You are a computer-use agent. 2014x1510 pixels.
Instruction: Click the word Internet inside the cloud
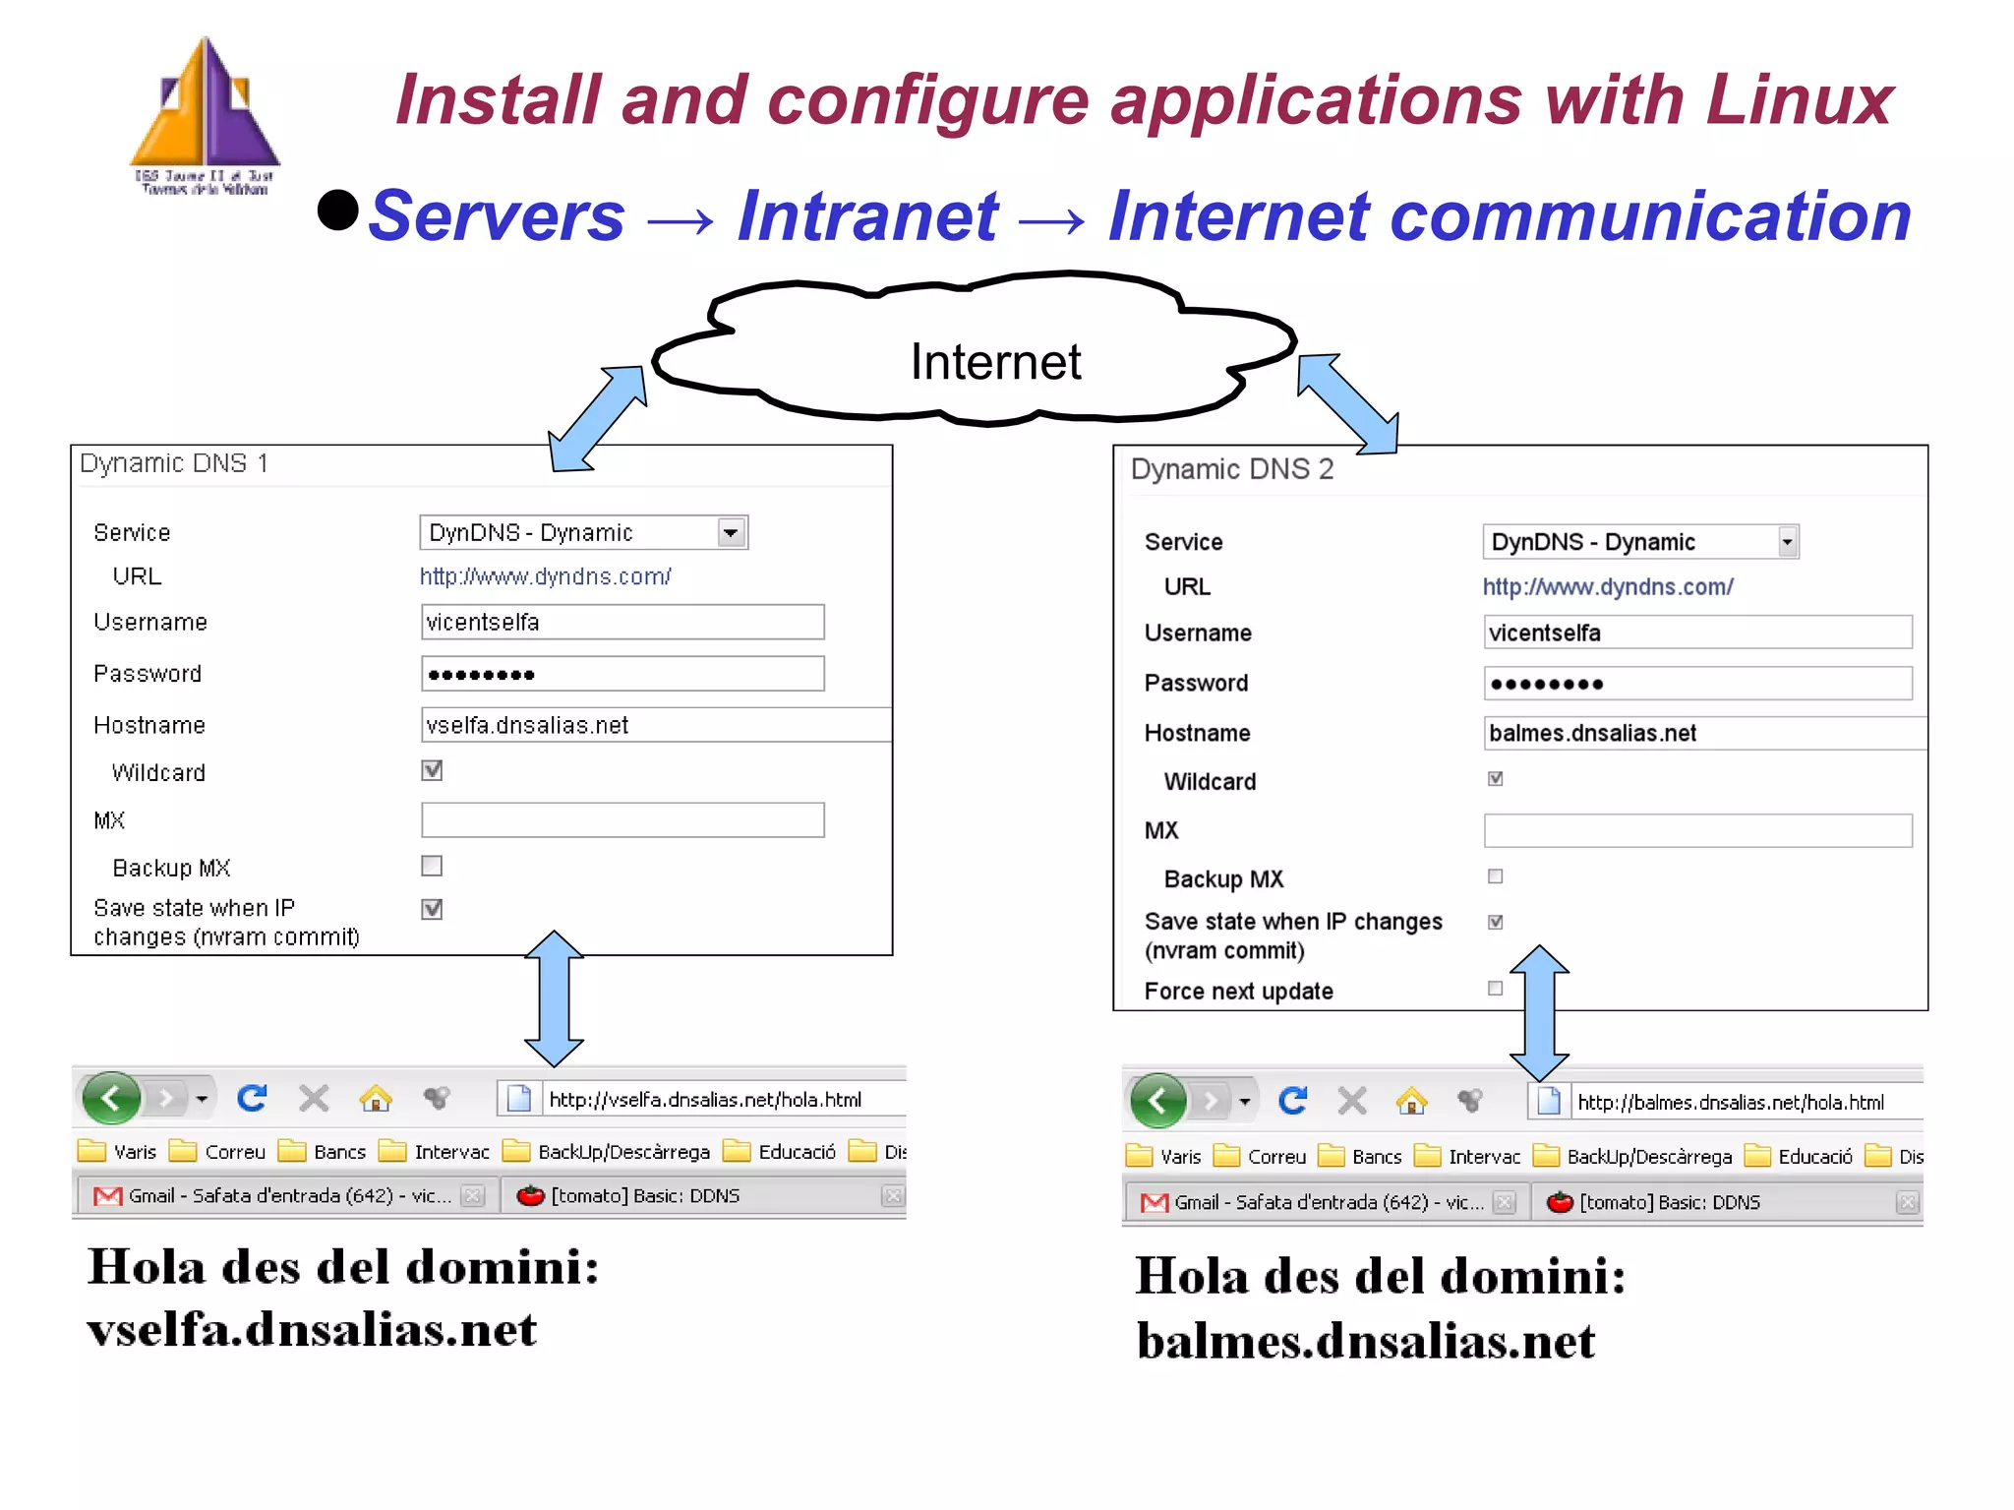(995, 361)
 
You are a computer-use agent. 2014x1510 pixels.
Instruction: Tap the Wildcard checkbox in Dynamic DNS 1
(432, 770)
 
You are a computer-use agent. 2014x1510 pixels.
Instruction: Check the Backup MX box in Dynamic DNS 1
(432, 866)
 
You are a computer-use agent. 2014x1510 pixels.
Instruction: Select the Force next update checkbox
(1495, 989)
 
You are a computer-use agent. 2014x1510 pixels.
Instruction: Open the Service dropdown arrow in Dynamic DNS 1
(731, 532)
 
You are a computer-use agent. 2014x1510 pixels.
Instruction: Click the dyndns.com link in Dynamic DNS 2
(1607, 587)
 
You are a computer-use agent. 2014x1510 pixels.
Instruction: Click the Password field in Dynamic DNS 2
(1697, 684)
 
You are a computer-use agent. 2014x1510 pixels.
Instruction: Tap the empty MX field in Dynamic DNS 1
(622, 820)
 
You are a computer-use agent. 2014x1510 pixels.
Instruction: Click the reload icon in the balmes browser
(1292, 1100)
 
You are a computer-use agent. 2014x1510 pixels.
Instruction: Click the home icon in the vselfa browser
(376, 1098)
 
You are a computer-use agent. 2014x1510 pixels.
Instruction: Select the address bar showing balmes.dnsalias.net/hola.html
(1731, 1103)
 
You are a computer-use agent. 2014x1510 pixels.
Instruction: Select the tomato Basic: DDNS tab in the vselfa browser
(644, 1196)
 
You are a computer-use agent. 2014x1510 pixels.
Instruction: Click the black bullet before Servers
(338, 210)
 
